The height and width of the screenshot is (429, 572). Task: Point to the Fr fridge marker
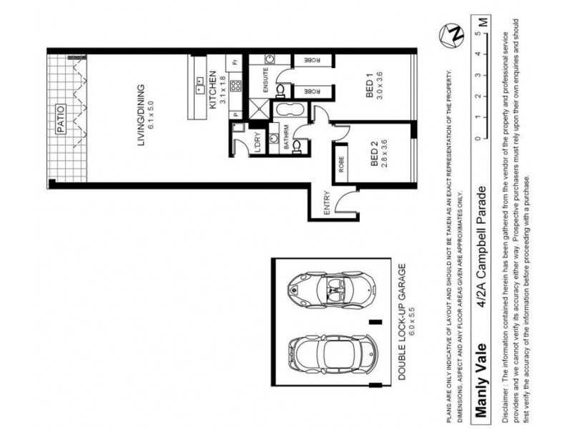(232, 62)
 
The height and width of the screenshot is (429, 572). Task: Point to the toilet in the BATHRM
(300, 145)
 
